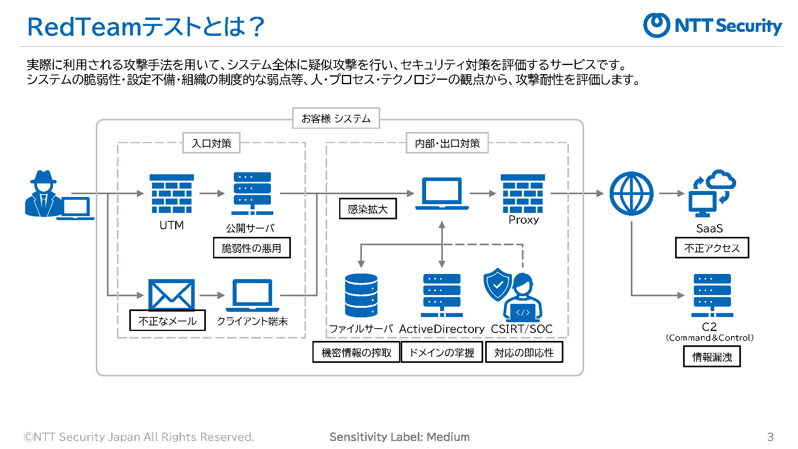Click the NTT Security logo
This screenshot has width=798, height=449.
(713, 25)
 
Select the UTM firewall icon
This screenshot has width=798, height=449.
(172, 194)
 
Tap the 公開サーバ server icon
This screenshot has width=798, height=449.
(252, 194)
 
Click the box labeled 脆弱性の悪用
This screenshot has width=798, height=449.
(252, 248)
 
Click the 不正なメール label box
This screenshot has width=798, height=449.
(168, 321)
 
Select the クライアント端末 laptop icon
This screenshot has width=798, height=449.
(252, 295)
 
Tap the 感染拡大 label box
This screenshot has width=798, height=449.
(368, 209)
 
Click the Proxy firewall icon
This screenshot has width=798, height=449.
(523, 194)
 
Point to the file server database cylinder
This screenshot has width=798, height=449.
(361, 295)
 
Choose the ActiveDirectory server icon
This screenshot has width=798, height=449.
(442, 295)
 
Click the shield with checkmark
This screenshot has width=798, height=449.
(498, 285)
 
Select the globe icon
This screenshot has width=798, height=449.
(631, 194)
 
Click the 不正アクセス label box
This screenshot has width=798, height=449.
(712, 248)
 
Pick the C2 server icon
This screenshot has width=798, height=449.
(712, 295)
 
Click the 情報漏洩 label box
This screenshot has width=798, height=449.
(712, 356)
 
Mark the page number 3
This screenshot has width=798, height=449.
(770, 437)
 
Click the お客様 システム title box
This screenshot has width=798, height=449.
(336, 118)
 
